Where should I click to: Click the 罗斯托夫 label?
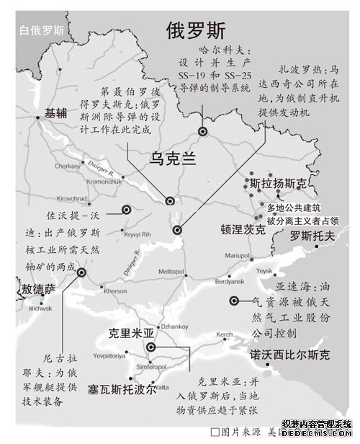[312, 236]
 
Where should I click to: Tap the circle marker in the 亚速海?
[234, 301]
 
